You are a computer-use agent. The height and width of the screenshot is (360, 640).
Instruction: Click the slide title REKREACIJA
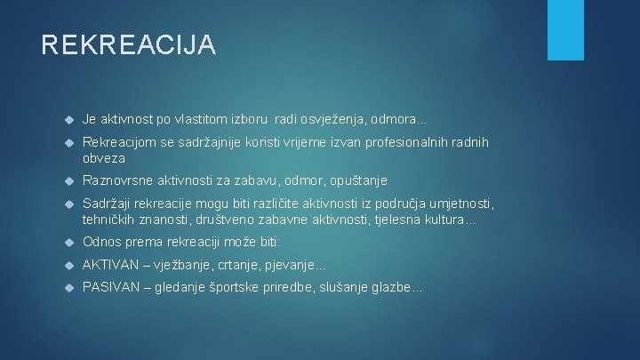128,44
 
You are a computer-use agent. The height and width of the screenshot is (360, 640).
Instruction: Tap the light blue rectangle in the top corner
565,28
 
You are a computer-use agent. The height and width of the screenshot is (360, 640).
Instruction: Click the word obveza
105,158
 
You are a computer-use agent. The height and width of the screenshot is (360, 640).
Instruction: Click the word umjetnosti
457,204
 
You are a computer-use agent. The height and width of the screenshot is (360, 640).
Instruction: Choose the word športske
242,288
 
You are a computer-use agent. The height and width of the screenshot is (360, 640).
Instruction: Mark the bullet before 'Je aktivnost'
68,119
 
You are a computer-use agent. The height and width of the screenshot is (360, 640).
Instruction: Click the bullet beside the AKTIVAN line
68,266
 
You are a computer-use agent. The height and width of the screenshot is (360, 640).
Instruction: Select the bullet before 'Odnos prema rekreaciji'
68,243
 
